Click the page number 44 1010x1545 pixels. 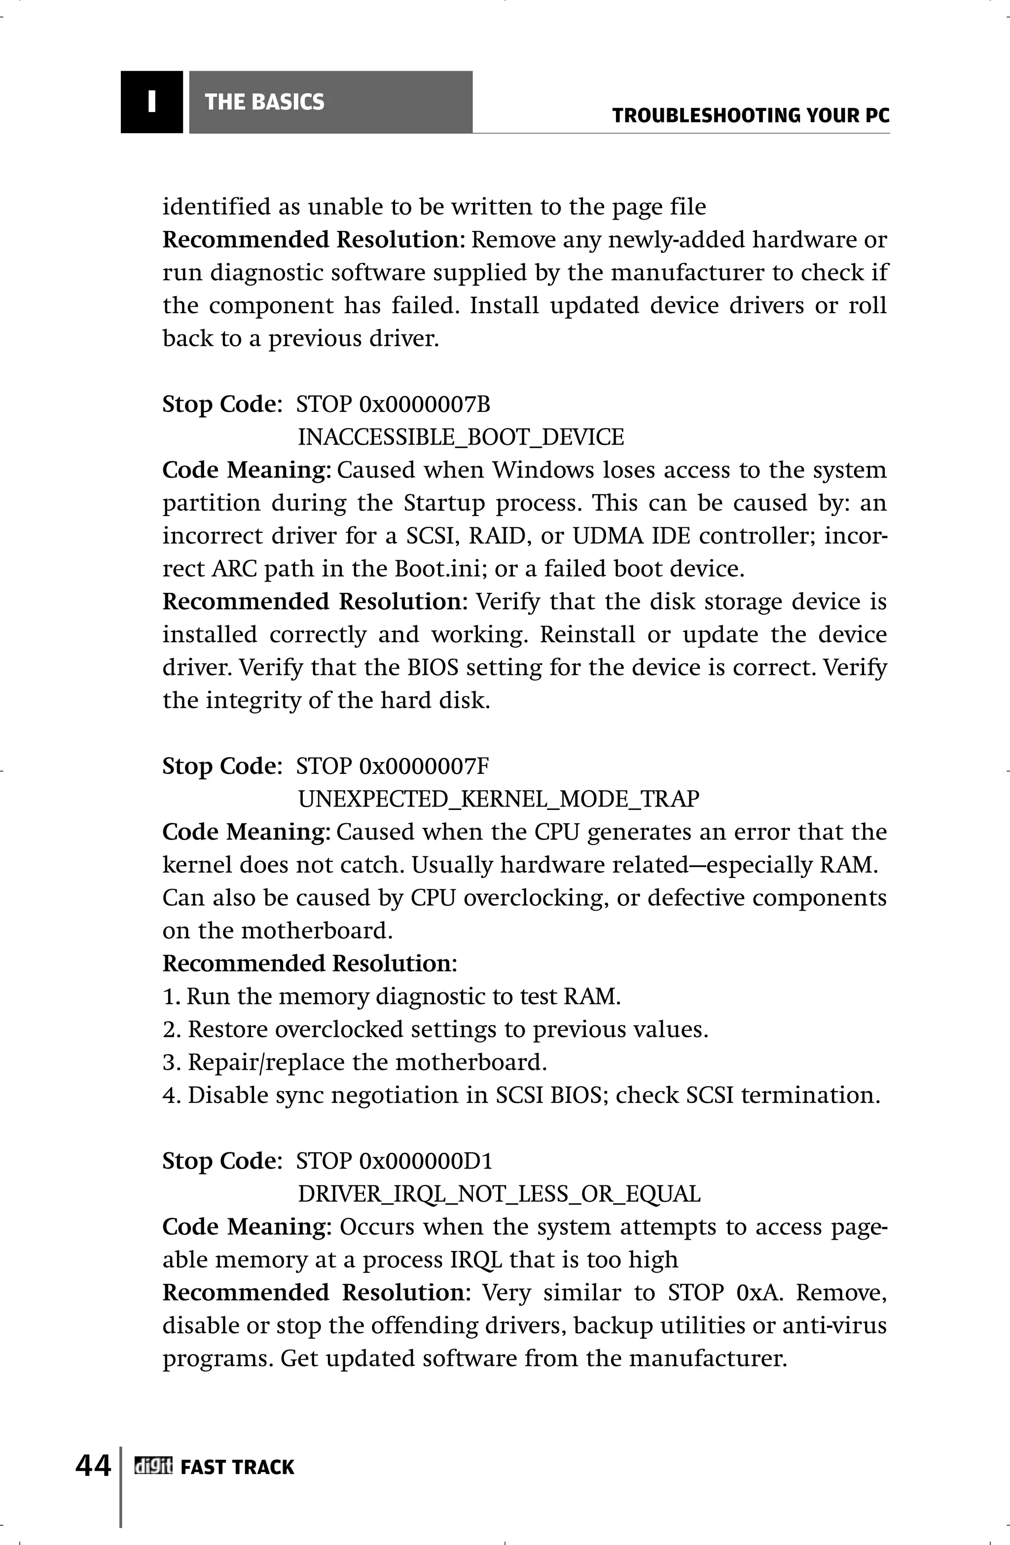click(x=93, y=1466)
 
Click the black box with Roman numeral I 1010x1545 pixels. click(x=151, y=102)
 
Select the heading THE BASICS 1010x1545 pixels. click(x=264, y=102)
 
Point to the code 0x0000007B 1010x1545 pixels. click(x=425, y=405)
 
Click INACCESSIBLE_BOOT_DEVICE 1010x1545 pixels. click(x=460, y=438)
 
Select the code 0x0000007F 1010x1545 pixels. click(x=424, y=766)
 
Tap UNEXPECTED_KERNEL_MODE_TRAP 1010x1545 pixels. click(x=498, y=799)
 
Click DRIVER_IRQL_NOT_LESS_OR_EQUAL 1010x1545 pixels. click(x=499, y=1194)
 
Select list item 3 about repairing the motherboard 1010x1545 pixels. click(x=355, y=1063)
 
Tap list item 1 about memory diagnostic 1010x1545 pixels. click(x=392, y=996)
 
